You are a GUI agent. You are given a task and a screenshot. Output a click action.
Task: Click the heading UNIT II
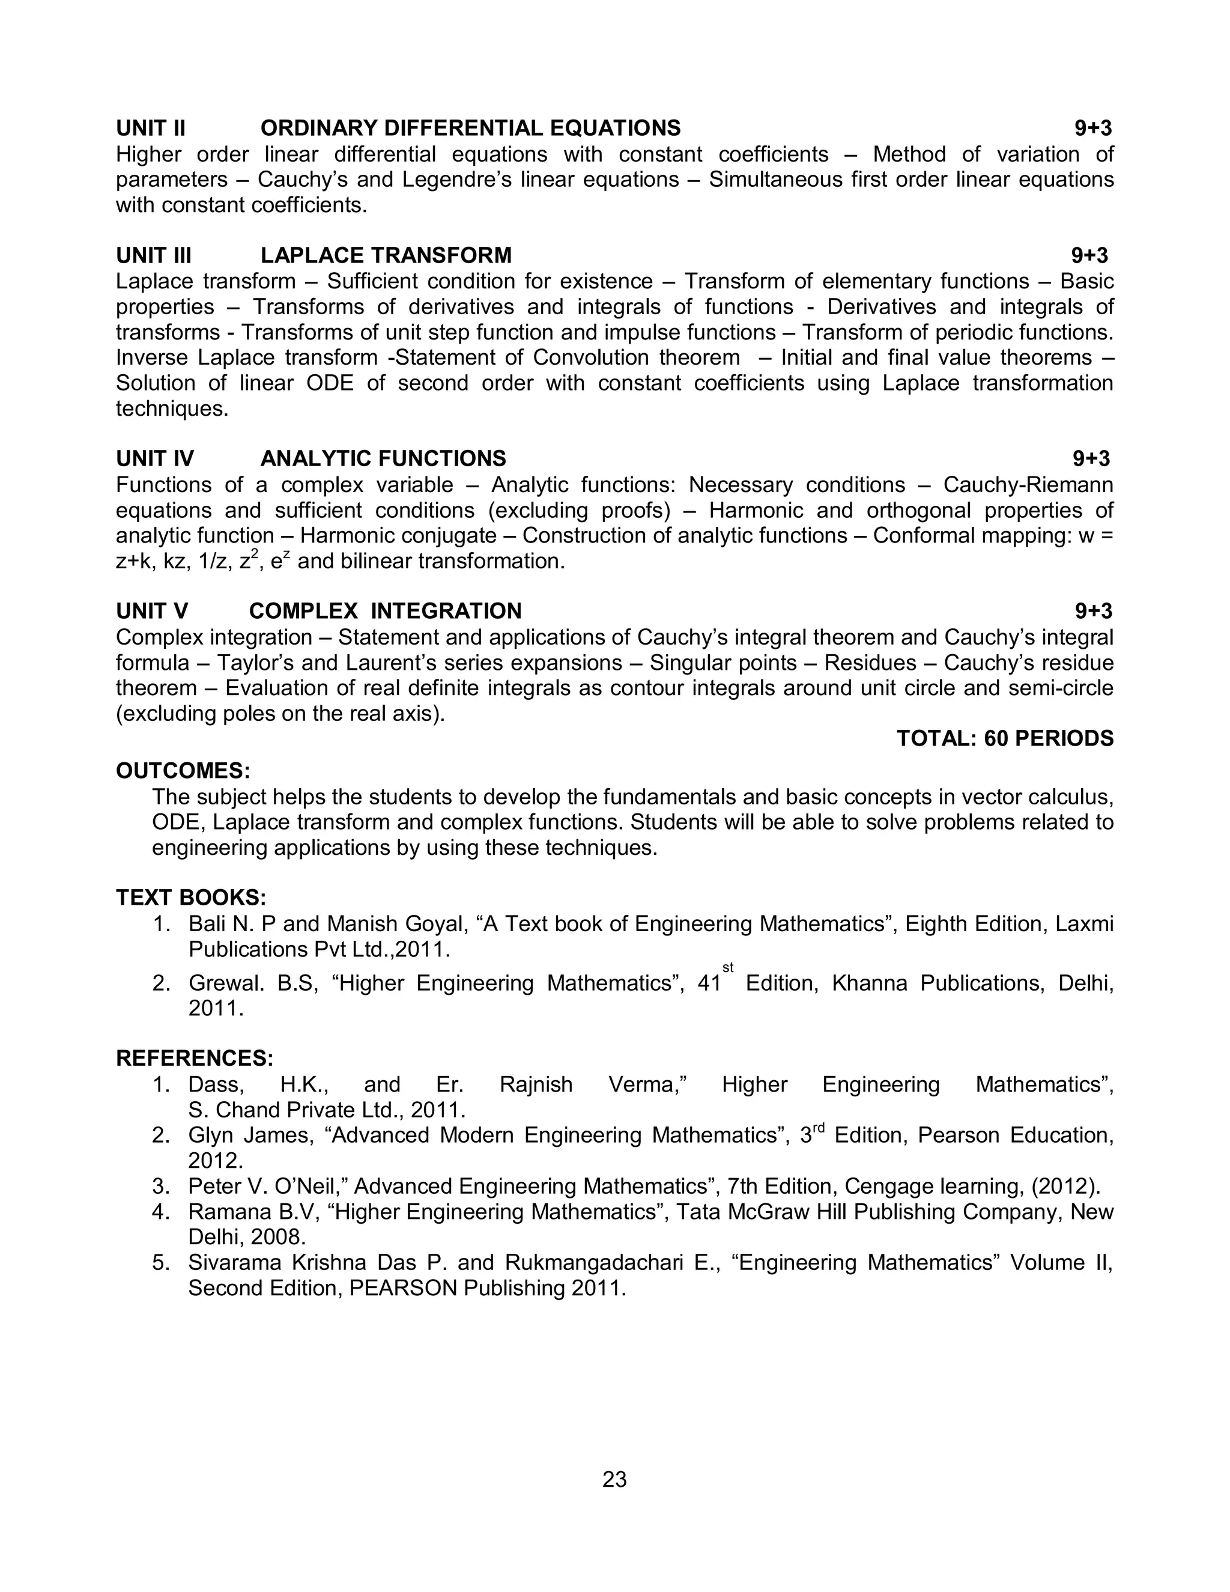tap(151, 129)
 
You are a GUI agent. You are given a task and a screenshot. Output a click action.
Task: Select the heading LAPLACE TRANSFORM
tap(386, 255)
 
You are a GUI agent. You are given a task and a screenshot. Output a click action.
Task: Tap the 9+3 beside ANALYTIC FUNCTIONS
tap(1091, 458)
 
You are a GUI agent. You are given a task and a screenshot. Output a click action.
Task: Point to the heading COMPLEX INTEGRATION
tap(385, 611)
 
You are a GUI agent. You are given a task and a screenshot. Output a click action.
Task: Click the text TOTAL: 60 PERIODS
tap(1004, 738)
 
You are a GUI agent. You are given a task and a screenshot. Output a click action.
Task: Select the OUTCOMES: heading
tap(183, 771)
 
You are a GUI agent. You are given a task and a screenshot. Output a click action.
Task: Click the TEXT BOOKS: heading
tap(191, 898)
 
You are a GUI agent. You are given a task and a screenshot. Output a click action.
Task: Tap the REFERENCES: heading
tap(195, 1058)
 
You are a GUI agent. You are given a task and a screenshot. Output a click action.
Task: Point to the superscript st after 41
tap(727, 967)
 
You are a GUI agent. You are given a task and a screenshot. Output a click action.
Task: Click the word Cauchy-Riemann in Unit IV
tap(1028, 485)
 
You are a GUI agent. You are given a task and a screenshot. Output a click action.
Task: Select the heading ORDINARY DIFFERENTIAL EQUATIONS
tap(470, 129)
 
